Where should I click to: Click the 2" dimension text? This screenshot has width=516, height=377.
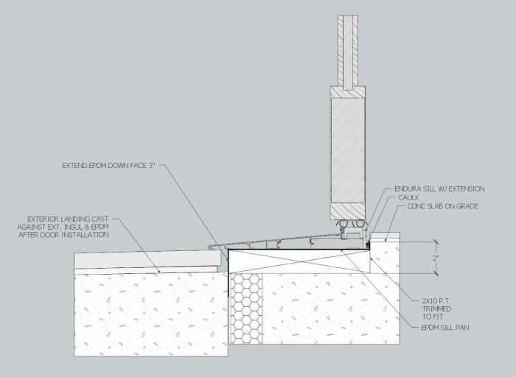tap(436, 258)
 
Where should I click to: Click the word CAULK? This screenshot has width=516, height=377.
tap(408, 197)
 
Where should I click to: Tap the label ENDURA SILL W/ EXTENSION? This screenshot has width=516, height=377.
tap(439, 188)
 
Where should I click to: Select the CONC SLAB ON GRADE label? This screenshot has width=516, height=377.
tap(442, 206)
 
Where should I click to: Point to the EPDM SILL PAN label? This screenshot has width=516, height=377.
tap(445, 328)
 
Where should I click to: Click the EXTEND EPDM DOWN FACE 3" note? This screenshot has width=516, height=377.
tap(108, 166)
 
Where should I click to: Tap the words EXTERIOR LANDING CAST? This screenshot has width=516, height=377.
tap(68, 219)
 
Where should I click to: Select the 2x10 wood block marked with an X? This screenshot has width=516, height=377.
tap(299, 261)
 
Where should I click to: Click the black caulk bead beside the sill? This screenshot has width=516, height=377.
tap(368, 244)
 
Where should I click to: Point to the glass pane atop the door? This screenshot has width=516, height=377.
tap(348, 52)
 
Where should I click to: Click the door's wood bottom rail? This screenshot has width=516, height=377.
tap(348, 211)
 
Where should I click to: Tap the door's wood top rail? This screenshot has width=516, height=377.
tap(348, 92)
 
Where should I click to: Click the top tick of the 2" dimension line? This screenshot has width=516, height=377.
tap(436, 242)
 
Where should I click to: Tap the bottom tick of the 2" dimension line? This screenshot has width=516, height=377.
tap(436, 273)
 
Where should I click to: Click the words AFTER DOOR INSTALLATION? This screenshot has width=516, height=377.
tap(63, 235)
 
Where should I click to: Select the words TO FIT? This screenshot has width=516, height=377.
tap(433, 317)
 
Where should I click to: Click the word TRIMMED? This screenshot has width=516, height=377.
tap(436, 309)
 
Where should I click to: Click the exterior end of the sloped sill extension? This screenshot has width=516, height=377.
tap(209, 246)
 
